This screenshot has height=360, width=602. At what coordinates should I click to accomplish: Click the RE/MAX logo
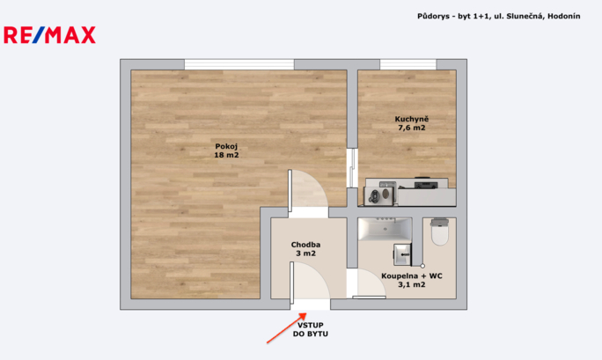coord(50,35)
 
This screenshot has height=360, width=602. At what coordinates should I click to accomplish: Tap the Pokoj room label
coord(226,146)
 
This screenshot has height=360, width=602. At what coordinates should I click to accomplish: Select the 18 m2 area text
coord(226,156)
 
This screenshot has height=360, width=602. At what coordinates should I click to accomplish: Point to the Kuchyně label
coord(411,118)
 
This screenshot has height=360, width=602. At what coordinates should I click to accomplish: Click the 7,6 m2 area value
coord(411,128)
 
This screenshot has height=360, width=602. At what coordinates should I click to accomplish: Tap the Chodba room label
coord(306,245)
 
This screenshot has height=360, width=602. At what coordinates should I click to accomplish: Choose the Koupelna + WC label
coord(411,276)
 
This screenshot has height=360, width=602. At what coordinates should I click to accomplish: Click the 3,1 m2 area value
coord(411,285)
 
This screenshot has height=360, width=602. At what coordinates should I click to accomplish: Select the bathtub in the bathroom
coord(385,230)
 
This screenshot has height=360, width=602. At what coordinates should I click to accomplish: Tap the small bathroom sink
coord(403,254)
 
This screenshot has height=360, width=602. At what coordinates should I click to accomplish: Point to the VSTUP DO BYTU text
coord(310,330)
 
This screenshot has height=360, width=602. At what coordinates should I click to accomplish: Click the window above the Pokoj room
coord(239,63)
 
